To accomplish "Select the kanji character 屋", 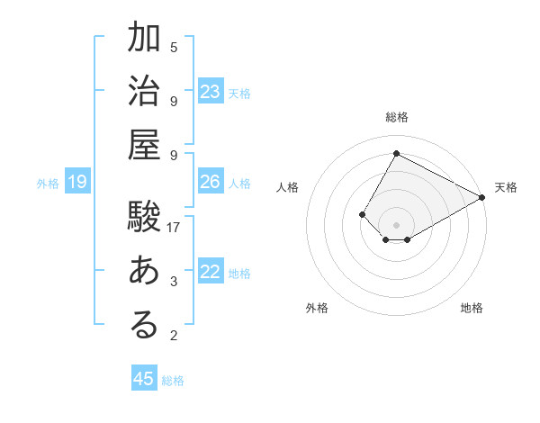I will (x=144, y=144).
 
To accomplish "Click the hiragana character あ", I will (x=144, y=271).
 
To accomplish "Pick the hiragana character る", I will (x=144, y=325).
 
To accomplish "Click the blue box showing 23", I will (x=211, y=92).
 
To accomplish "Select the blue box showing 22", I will (x=211, y=273).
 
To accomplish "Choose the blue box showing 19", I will (x=76, y=183).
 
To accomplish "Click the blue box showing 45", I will (x=144, y=379).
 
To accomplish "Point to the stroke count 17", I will (x=174, y=228).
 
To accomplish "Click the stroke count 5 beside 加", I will (x=174, y=47).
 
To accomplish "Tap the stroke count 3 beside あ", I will (x=174, y=282).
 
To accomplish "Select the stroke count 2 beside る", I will (x=174, y=336).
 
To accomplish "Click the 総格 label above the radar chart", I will (x=396, y=117).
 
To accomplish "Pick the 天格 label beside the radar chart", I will (x=506, y=187).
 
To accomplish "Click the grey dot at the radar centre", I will (x=396, y=224).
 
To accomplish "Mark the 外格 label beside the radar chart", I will (x=317, y=308).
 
